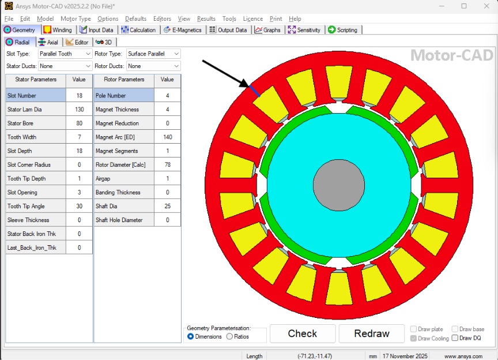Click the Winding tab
58,30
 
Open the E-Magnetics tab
183,30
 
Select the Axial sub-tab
48,42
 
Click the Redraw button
372,333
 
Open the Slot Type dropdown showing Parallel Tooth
65,54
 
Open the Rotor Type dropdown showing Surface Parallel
153,54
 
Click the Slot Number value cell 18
79,96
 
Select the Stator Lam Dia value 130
79,110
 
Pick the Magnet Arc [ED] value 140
167,137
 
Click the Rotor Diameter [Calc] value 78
167,165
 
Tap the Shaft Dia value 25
167,206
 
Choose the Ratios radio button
230,337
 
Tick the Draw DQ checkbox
455,338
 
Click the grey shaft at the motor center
340,185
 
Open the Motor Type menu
76,18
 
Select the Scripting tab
342,30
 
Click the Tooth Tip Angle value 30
79,206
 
